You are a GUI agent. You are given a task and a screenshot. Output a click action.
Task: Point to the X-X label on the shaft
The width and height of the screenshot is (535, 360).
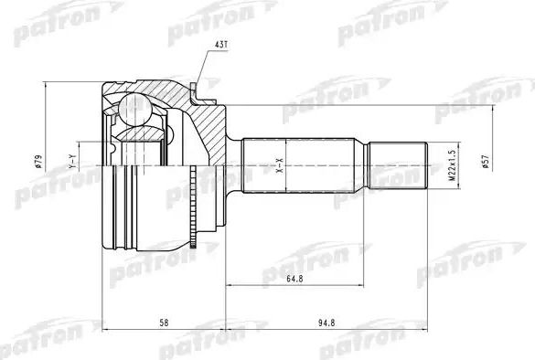280,165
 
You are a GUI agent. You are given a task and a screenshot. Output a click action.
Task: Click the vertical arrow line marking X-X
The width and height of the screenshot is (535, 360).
287,165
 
